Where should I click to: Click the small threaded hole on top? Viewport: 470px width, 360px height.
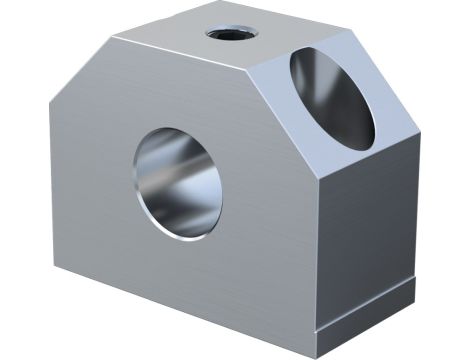click(x=232, y=32)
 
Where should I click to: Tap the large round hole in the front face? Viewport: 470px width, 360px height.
click(x=177, y=182)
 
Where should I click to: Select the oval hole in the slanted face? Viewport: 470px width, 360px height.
click(x=332, y=97)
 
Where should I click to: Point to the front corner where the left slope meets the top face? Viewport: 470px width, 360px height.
click(x=112, y=37)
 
